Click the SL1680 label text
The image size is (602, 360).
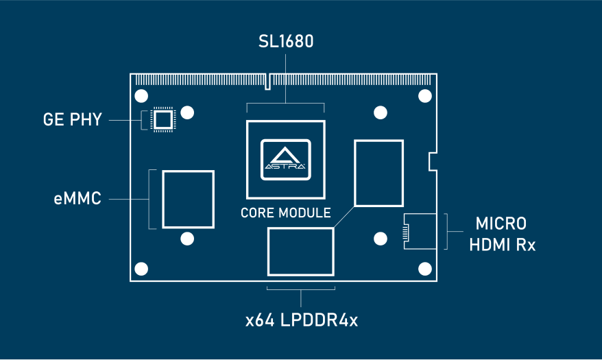[286, 43]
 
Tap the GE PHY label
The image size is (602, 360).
[73, 120]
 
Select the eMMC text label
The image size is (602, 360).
[77, 200]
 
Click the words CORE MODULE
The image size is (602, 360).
[285, 213]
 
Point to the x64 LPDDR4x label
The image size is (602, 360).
[302, 320]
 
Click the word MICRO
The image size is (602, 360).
[501, 224]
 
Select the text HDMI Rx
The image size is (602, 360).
[502, 245]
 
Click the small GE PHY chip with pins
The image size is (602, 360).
[162, 120]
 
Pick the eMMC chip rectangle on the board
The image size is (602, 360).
[188, 200]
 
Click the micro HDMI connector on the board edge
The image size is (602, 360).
[418, 231]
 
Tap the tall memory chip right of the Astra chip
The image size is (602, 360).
[378, 173]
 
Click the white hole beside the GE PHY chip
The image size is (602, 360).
[188, 112]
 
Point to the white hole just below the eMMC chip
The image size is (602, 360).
[186, 239]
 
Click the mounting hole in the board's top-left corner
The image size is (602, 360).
[141, 96]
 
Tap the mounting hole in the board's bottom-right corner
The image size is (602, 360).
[424, 268]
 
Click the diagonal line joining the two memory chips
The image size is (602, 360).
[344, 217]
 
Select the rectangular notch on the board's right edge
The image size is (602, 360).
[432, 162]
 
